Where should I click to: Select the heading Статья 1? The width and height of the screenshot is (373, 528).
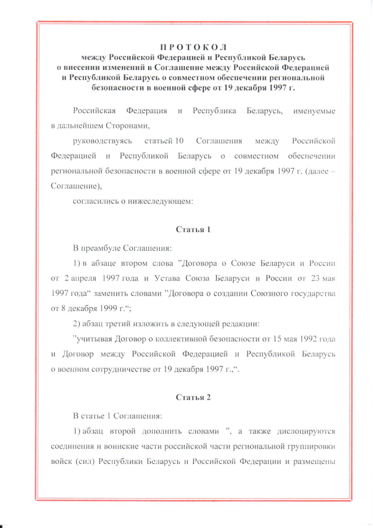click(193, 229)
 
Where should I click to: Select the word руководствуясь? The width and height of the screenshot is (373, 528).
click(102, 141)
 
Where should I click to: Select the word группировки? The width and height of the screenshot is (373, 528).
click(314, 446)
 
